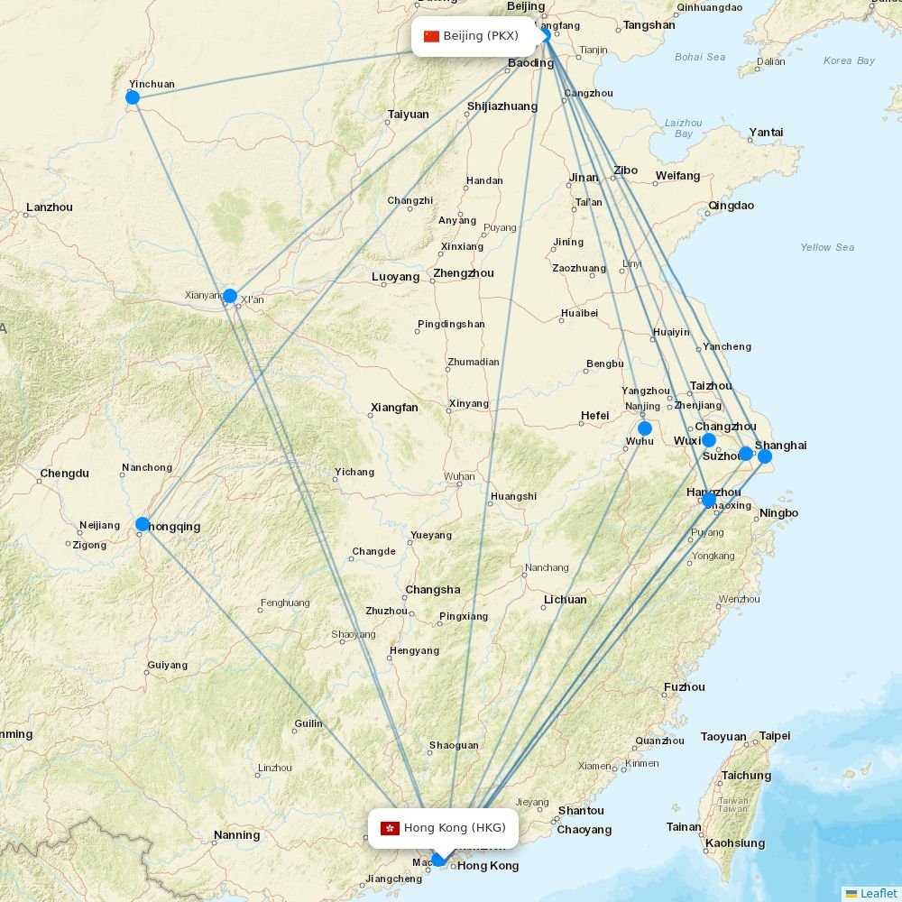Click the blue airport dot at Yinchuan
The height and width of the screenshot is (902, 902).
pos(133,97)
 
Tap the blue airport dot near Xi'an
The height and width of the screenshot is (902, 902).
pos(230,296)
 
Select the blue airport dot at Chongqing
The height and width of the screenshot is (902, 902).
pos(143,524)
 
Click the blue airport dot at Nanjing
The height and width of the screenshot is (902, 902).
pos(644,428)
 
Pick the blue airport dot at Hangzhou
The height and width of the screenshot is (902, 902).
pos(709,500)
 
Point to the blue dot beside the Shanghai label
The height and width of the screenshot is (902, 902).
pos(765,456)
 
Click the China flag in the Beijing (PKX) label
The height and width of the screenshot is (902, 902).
pos(431,36)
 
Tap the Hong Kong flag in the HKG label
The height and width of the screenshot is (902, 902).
pos(390,828)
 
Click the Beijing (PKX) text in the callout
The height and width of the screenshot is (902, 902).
pos(481,36)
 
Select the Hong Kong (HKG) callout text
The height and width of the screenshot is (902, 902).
pos(455,828)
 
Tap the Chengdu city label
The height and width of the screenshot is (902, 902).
pos(65,473)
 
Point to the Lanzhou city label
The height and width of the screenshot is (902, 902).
pos(50,207)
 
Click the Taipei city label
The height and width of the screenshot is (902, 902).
pos(774,736)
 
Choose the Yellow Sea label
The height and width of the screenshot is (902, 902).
pos(827,247)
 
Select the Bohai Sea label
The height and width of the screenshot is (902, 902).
pos(700,57)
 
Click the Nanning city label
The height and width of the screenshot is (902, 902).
pos(237,835)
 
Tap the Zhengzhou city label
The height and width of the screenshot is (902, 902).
pos(464,273)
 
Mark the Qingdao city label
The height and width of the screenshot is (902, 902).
pos(732,206)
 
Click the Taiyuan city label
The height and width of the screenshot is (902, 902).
pos(409,115)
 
